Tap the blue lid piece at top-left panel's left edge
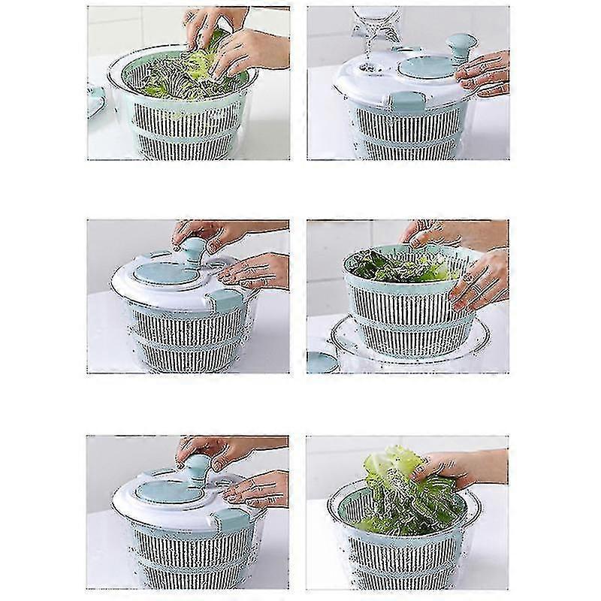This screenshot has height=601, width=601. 96,98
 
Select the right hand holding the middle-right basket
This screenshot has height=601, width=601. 481,278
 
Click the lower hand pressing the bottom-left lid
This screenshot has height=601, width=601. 259,488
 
